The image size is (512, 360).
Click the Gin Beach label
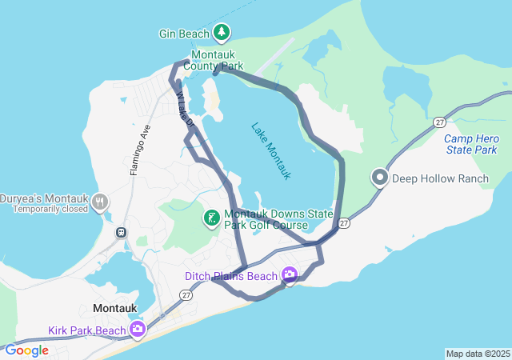[x=184, y=34]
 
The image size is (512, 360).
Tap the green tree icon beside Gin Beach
[x=222, y=33]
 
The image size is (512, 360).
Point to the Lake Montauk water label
[x=271, y=150]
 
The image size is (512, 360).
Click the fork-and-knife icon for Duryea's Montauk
[x=100, y=202]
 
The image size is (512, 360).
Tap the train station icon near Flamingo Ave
[x=122, y=232]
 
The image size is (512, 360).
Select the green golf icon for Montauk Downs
[x=211, y=218]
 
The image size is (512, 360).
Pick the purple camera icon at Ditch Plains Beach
[x=289, y=275]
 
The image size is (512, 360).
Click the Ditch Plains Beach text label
[x=230, y=276]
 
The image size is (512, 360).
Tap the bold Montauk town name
[x=116, y=308]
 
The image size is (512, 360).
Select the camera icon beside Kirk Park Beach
[x=138, y=329]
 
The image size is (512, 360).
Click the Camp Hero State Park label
[x=471, y=144]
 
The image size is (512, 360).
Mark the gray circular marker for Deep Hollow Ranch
[x=380, y=178]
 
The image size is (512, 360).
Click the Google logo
[x=26, y=350]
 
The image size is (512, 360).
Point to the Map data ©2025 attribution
[x=478, y=354]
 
